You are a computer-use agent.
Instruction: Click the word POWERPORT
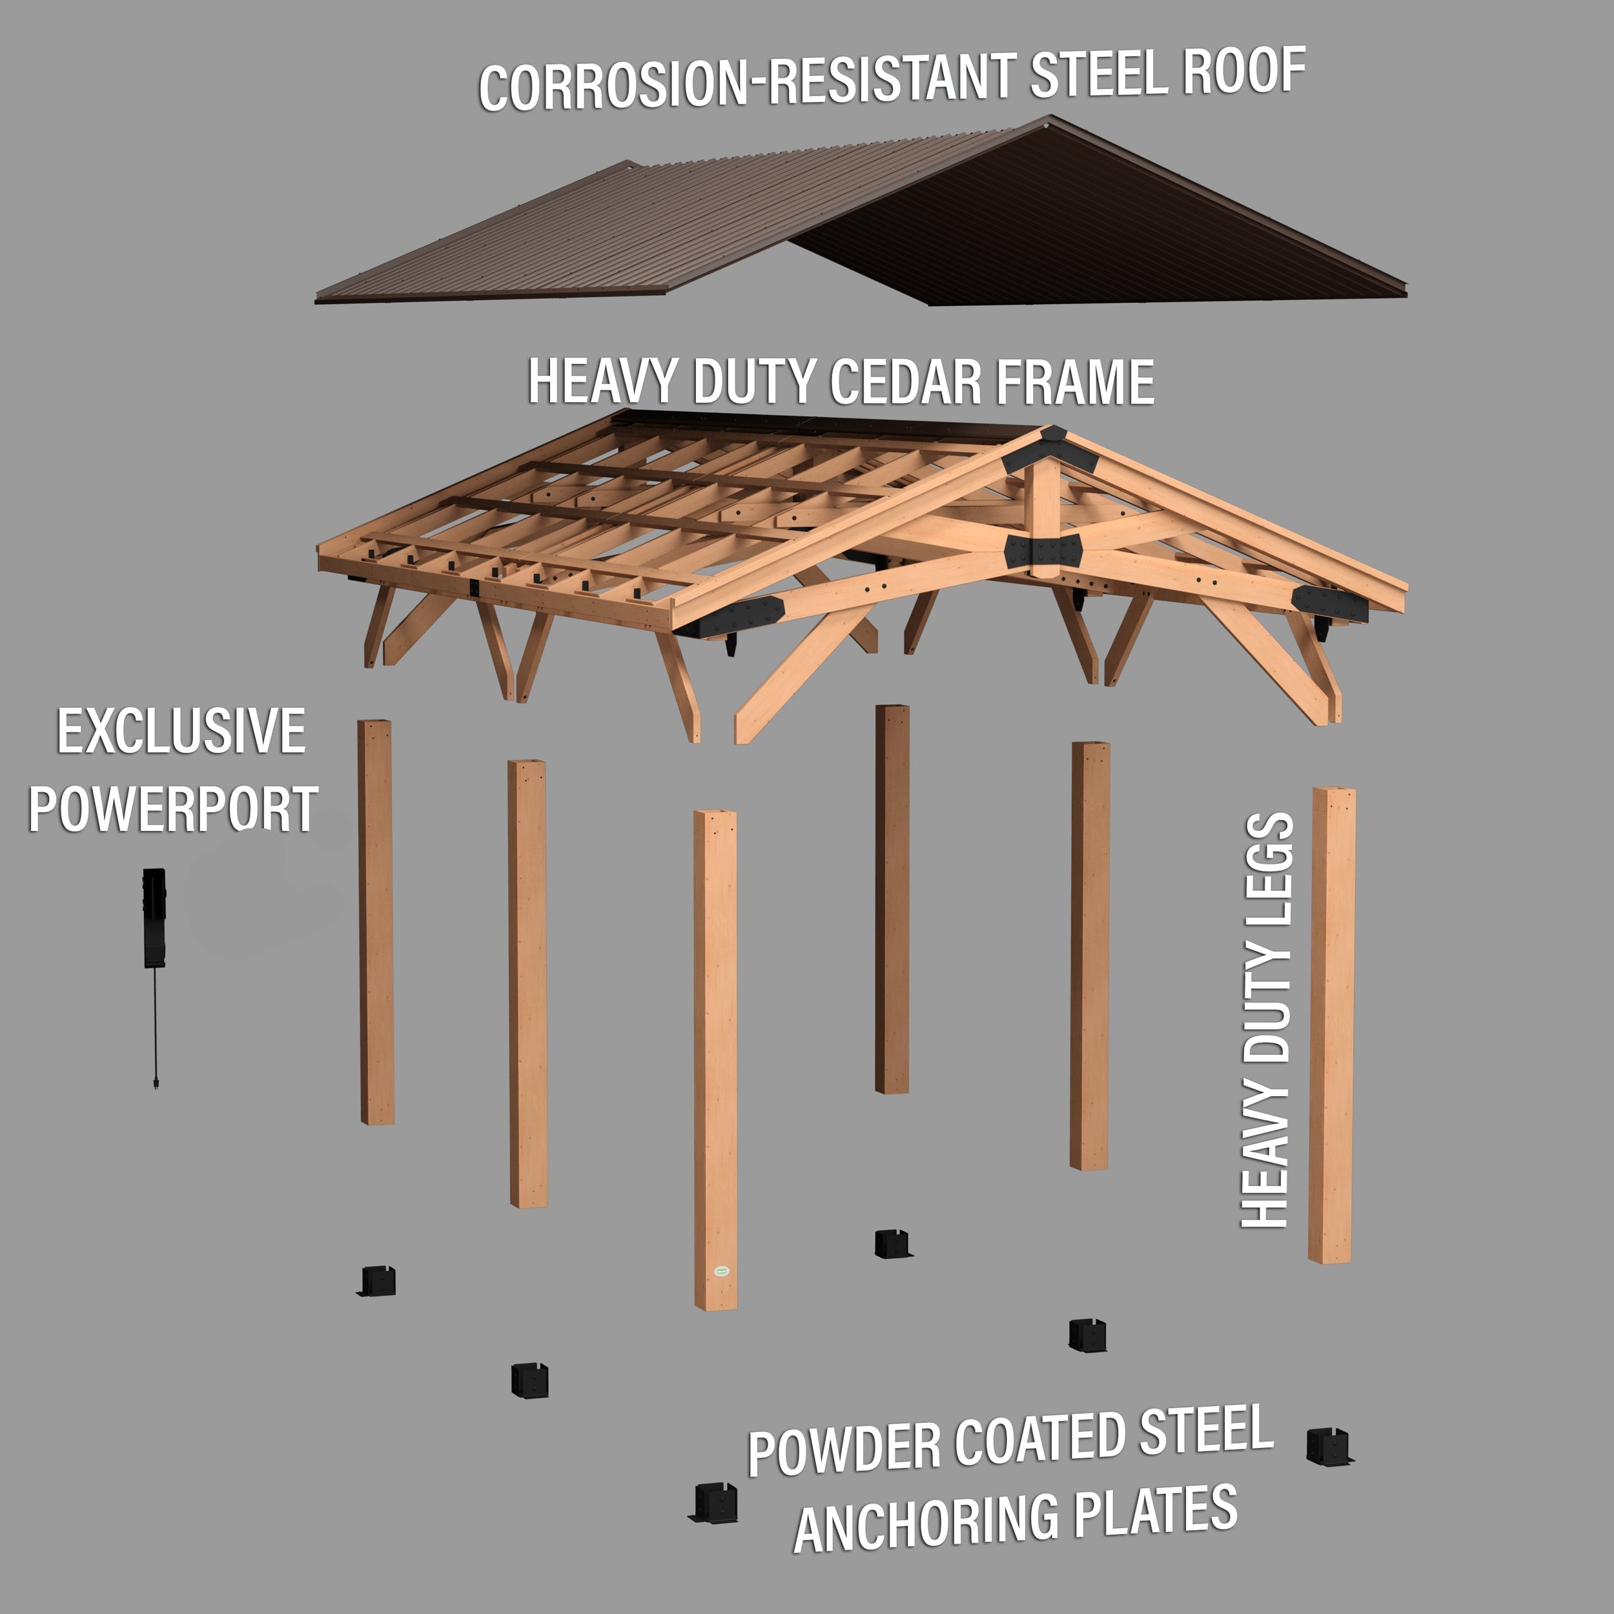click(173, 809)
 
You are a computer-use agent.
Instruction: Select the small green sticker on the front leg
click(722, 1271)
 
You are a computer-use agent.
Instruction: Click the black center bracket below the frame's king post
click(1044, 551)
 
